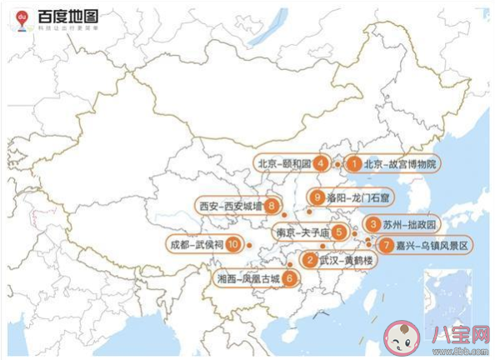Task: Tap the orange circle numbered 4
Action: (x=320, y=163)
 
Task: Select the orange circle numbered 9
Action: (x=314, y=197)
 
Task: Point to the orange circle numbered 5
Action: (x=338, y=232)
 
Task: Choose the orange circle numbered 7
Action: (x=385, y=245)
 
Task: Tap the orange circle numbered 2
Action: (x=310, y=261)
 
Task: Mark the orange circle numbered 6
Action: (x=288, y=278)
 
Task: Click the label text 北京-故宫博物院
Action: (x=400, y=163)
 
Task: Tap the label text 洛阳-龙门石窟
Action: (x=355, y=197)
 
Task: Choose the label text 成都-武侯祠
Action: (x=197, y=245)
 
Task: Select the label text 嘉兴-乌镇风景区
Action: (x=432, y=245)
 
